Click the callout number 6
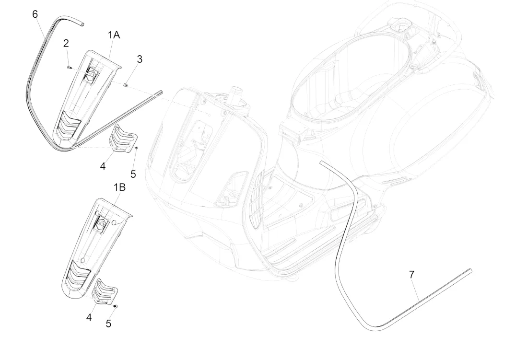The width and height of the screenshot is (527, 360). coord(35,14)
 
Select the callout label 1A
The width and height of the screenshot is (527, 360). coord(114,35)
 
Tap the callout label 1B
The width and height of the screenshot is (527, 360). coord(119,187)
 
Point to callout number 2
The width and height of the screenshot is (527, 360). coord(66,43)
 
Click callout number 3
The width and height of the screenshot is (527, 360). coord(140,59)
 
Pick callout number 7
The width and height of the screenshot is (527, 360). coord(412,275)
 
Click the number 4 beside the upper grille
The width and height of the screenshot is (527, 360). coord(103,166)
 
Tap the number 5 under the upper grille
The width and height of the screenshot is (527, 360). coord(133,174)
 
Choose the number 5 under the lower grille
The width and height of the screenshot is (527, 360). coord(108,324)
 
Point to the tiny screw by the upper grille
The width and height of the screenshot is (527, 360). coord(136,148)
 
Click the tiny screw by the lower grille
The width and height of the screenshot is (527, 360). coord(115,306)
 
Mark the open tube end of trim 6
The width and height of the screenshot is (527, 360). coord(82,23)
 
